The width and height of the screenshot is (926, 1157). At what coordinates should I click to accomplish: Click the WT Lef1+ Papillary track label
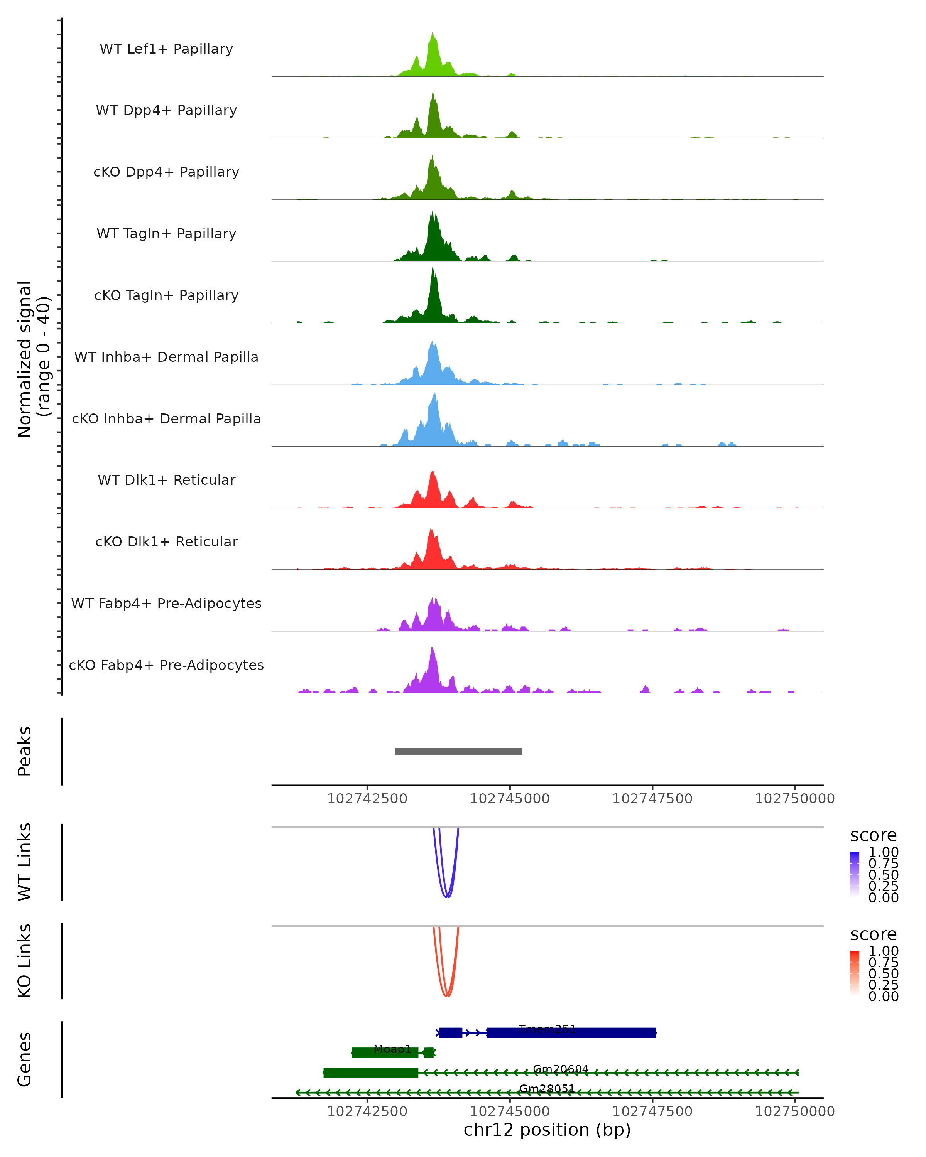[166, 49]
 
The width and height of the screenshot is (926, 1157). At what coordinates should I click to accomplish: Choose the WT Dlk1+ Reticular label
[166, 480]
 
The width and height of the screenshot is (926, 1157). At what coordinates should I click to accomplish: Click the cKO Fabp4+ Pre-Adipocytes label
[166, 665]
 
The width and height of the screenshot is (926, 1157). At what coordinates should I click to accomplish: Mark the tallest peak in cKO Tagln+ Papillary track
[432, 269]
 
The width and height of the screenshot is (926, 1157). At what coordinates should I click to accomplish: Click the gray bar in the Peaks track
[458, 751]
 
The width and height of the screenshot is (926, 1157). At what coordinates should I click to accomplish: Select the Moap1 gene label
[392, 1049]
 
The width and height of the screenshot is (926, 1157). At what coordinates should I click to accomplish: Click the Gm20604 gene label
[561, 1069]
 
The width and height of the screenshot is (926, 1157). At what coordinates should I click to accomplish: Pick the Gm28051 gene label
[547, 1088]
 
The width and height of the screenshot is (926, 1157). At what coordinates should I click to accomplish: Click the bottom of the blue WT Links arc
[447, 896]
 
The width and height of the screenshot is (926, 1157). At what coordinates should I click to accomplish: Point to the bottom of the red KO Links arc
[447, 995]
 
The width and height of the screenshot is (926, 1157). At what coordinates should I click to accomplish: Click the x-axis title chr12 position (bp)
[547, 1130]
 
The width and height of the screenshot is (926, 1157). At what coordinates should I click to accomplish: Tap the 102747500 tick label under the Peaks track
[652, 799]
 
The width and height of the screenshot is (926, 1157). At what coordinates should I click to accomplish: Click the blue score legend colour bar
[855, 874]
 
